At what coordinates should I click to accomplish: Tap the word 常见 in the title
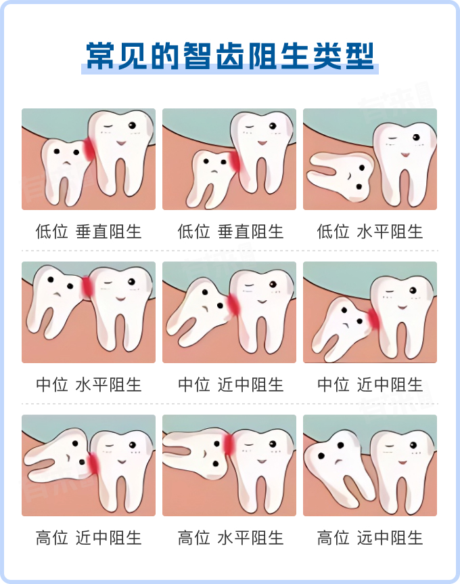coord(116,56)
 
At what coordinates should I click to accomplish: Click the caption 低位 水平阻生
coord(369,232)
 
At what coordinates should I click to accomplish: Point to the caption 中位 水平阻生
coord(89,385)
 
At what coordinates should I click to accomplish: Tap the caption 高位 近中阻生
coord(89,538)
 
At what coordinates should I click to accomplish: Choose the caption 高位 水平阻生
coord(231,538)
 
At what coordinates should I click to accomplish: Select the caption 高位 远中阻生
coord(369,538)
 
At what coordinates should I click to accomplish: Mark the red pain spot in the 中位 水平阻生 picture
coord(87,287)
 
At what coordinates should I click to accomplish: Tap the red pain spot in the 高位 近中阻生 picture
coord(93,463)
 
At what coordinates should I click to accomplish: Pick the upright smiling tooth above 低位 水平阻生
coord(405,164)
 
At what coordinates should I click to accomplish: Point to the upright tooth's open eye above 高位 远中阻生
coord(413,445)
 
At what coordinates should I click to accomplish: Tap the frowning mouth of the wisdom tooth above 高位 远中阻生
coord(338,462)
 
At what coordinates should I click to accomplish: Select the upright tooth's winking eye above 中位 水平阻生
coord(108,283)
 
